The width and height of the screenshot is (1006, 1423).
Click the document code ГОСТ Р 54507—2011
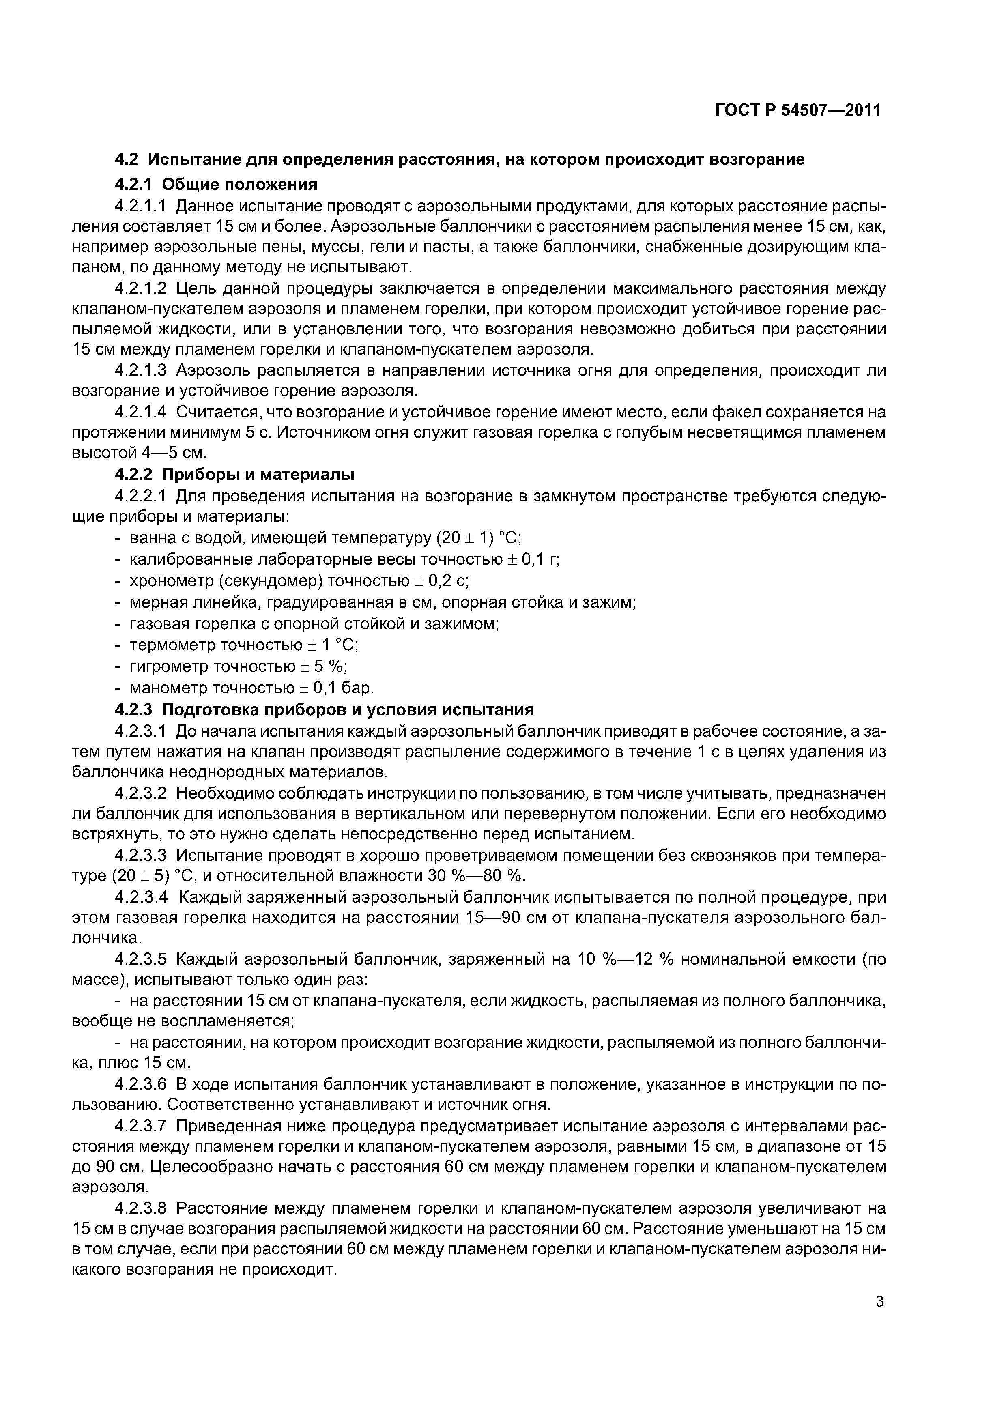click(x=798, y=110)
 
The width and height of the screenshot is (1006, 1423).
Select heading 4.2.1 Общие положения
click(x=216, y=184)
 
